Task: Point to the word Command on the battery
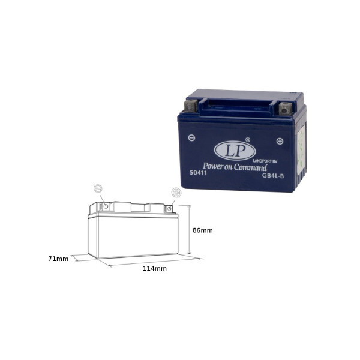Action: pos(250,167)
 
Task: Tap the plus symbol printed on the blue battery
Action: pos(280,141)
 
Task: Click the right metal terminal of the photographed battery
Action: pos(284,110)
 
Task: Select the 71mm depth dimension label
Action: pos(58,259)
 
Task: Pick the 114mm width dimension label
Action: pos(155,268)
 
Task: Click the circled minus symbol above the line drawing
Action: pos(98,188)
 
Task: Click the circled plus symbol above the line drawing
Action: pos(176,192)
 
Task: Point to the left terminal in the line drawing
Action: pos(106,206)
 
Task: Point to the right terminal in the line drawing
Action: pos(170,209)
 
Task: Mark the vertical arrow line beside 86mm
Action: pos(190,229)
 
